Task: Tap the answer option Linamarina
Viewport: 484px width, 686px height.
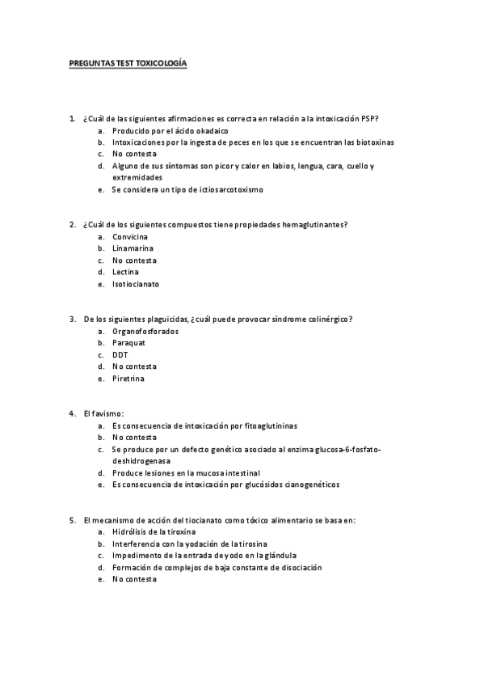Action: point(133,248)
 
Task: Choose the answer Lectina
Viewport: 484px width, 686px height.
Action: point(125,273)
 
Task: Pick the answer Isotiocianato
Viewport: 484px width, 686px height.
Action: point(136,285)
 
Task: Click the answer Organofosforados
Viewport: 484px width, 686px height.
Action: point(145,332)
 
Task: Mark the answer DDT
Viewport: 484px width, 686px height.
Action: point(120,355)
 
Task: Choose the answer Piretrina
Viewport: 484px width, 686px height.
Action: point(128,379)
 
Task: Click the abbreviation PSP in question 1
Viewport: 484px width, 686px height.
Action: point(370,118)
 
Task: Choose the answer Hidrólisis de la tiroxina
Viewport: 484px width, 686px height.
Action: point(154,532)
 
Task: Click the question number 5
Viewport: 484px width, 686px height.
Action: point(72,520)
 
